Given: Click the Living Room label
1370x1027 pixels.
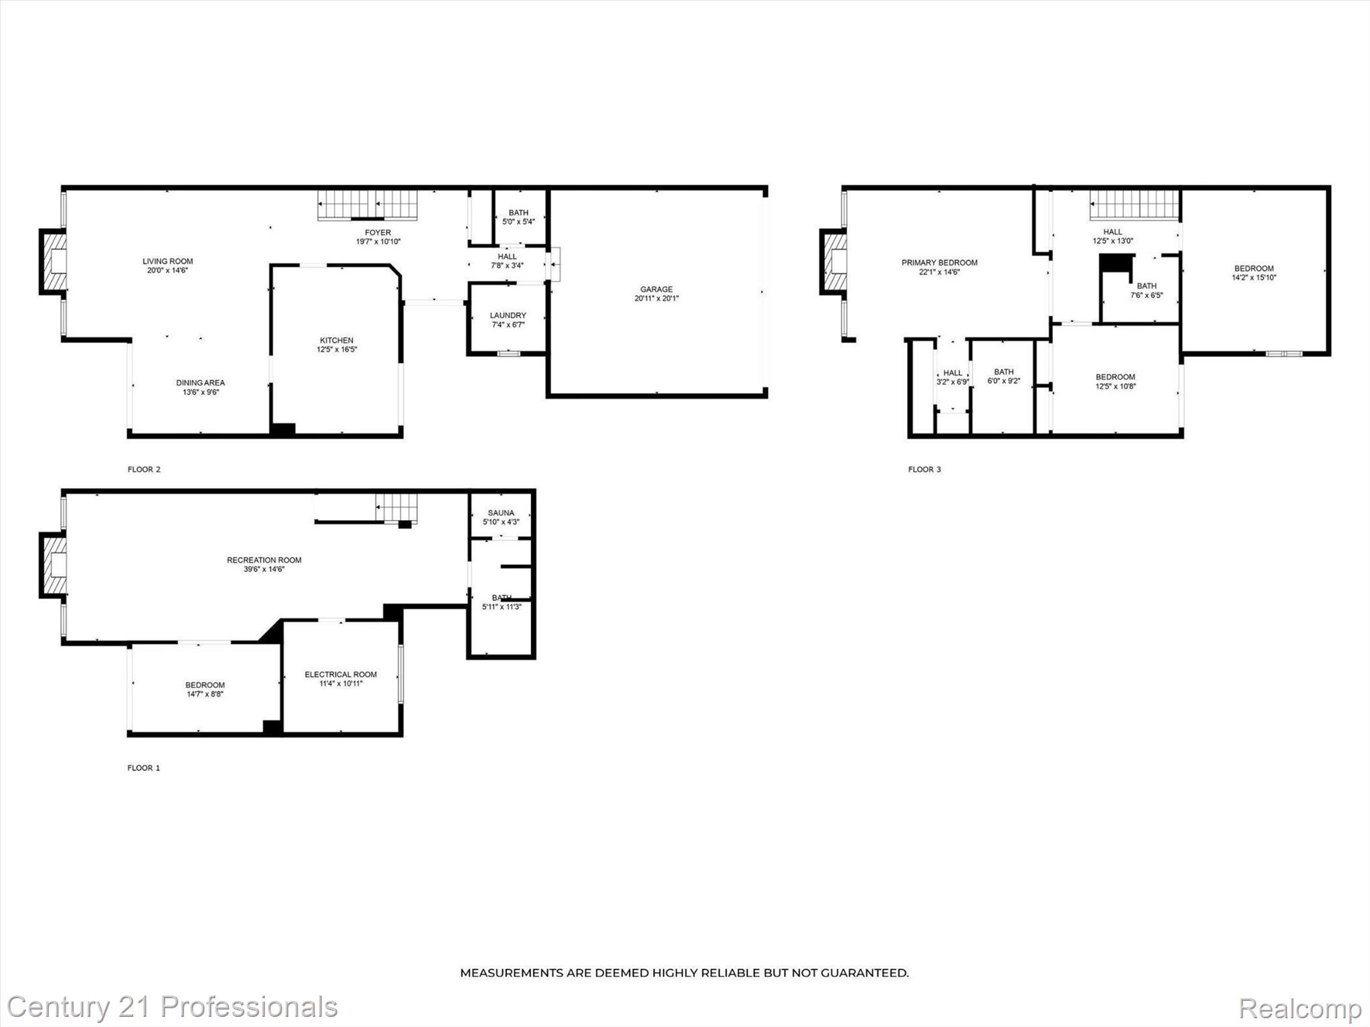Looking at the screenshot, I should pos(167,261).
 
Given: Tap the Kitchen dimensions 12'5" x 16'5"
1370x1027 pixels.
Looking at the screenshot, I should pos(336,350).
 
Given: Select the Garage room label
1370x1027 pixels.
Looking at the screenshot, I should pos(656,290).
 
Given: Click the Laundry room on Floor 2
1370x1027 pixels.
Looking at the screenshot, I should pos(508,320).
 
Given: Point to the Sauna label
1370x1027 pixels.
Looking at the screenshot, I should pos(501,513).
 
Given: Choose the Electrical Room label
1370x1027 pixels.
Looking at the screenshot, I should pos(340,674).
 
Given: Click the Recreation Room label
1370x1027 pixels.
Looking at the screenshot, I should pos(264,560).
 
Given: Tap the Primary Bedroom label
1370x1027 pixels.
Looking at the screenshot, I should pos(939,263).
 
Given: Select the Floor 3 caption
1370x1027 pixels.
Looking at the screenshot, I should pos(924,469).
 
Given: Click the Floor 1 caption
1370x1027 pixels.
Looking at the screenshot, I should pos(143,768).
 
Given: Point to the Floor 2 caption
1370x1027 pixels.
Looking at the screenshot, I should pos(144,469).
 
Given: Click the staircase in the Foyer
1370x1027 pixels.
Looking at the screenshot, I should pos(367,204).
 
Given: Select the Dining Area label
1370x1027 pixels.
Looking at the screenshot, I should pos(200,382).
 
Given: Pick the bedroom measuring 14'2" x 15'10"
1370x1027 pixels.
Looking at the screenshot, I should pos(1254,273).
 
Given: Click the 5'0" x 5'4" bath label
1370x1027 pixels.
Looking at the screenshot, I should pos(518,217).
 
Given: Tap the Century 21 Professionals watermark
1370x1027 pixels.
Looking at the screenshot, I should pos(172,1007).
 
